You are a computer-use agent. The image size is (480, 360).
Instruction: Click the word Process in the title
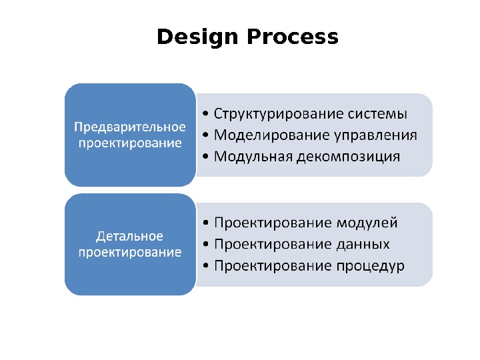tap(293, 37)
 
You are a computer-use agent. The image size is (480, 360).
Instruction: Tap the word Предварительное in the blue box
tap(130, 127)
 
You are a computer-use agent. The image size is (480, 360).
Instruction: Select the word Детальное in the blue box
tap(130, 237)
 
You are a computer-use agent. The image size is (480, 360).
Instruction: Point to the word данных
tap(363, 244)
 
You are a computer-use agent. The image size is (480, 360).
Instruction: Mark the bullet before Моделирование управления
tap(205, 136)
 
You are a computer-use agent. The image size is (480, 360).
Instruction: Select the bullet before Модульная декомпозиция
tap(205, 158)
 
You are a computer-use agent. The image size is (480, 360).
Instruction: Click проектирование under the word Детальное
tap(130, 253)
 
